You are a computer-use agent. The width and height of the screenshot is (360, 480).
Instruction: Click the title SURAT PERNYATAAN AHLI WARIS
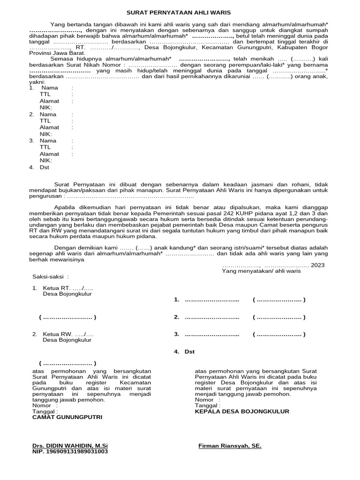coord(179,13)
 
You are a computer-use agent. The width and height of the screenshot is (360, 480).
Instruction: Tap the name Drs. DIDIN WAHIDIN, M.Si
coord(70,446)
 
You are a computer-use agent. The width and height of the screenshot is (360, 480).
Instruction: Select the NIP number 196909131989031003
coord(70,452)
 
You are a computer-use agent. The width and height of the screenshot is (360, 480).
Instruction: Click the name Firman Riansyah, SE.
coord(230,446)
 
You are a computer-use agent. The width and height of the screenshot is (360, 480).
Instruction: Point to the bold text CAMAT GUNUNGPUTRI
coord(67,417)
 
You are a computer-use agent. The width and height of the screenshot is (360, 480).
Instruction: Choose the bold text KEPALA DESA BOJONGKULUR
coord(242,411)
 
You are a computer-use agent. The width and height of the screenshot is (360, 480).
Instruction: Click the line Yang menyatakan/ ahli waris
coord(261,271)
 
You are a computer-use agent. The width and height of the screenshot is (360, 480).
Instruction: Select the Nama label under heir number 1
coord(50,88)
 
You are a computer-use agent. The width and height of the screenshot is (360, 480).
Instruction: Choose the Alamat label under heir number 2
coord(49,127)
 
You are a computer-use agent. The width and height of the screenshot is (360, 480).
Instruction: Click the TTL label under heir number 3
coord(45,147)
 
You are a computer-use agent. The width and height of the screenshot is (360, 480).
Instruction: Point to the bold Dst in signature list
coord(189,351)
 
